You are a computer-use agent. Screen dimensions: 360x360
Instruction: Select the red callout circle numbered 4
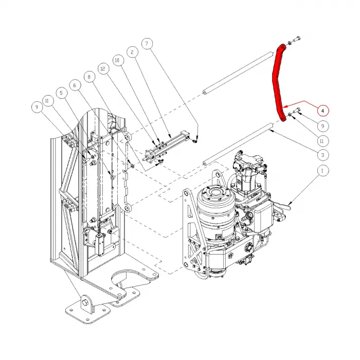[x=322, y=110]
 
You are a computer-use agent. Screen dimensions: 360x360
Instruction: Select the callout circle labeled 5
[x=62, y=93]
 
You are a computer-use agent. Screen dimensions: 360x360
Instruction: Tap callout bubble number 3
[x=322, y=155]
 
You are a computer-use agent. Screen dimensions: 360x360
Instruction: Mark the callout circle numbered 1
[x=322, y=171]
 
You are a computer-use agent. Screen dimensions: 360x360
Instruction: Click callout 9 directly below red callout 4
[x=322, y=125]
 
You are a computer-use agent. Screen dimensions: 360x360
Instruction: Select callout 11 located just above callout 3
[x=322, y=140]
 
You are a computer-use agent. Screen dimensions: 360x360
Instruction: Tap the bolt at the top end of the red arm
[x=298, y=40]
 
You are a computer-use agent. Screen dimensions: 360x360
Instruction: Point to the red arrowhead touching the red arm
[x=283, y=106]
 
